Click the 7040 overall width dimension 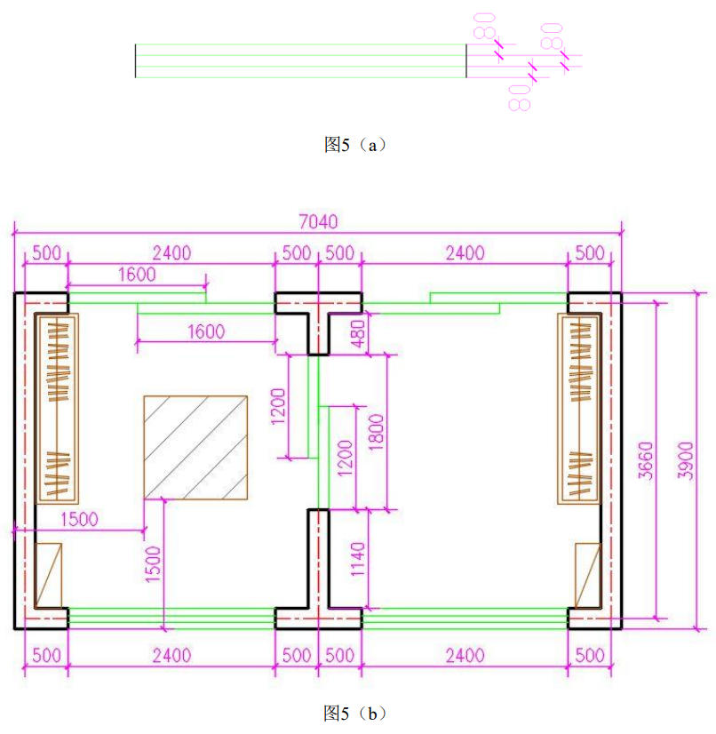tap(318, 221)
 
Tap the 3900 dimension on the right tap(686, 460)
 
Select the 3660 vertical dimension tap(646, 460)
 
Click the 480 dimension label tap(358, 333)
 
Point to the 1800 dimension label tap(377, 432)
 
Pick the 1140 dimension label tap(358, 560)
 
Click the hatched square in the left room tap(195, 448)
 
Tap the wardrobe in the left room tap(58, 409)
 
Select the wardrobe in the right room tap(579, 409)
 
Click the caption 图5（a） tap(355, 145)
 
